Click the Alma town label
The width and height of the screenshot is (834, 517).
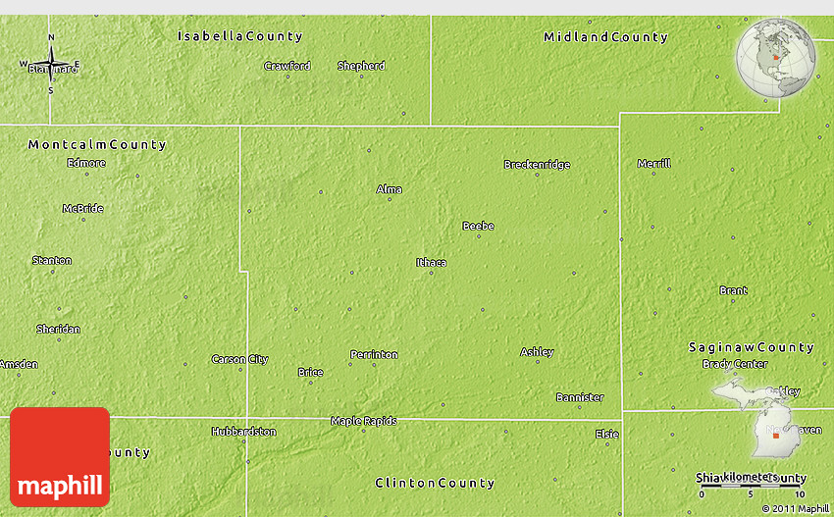tap(390, 189)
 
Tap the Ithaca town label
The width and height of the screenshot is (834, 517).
tap(431, 262)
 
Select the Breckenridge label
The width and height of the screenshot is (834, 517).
tap(537, 164)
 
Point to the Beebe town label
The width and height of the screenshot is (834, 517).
tap(478, 226)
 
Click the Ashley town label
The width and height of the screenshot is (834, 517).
tap(537, 351)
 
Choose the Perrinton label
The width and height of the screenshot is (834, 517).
tap(374, 354)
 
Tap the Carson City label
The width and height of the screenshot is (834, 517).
tap(239, 359)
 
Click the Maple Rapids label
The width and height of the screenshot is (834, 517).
tap(363, 421)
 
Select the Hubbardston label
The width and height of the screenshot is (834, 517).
tap(243, 431)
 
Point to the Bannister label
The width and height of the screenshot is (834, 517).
tap(579, 397)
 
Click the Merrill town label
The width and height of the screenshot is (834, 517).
tap(654, 163)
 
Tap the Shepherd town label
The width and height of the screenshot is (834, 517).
tap(361, 66)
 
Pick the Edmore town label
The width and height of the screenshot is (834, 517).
tap(86, 163)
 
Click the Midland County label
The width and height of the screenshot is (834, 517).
tap(605, 37)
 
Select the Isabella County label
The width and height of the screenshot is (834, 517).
tap(239, 36)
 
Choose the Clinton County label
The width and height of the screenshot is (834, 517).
tap(435, 483)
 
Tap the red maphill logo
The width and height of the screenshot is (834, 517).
tap(60, 457)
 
